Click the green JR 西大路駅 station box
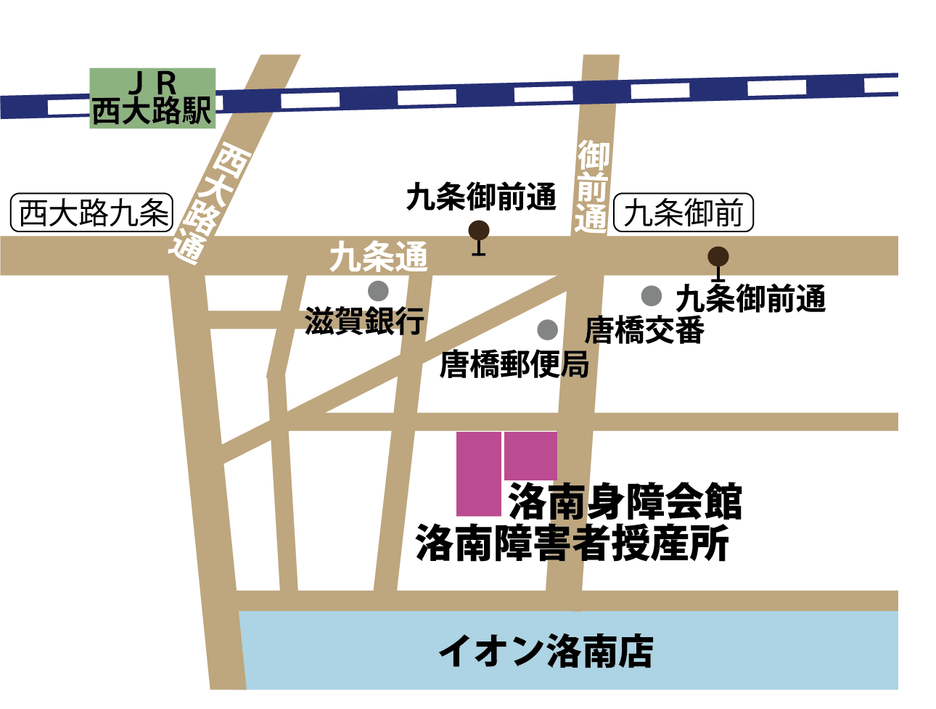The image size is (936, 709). (x=152, y=98)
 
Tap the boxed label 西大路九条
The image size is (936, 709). (x=92, y=213)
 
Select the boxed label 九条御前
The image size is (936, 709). (x=683, y=213)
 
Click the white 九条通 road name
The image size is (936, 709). (x=378, y=257)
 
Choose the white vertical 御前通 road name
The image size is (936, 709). (x=592, y=187)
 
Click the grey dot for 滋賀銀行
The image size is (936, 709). (x=378, y=291)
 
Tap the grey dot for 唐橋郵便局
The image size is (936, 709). (x=547, y=329)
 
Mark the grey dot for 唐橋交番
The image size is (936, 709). (x=651, y=295)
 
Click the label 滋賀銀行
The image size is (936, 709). (x=364, y=321)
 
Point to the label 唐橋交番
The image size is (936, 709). (x=644, y=330)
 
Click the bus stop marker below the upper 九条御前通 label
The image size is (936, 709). (x=478, y=232)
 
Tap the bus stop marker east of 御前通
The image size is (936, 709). (x=718, y=258)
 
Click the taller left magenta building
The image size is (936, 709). (x=478, y=474)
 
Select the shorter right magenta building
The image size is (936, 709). (x=530, y=456)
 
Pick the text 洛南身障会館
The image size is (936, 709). (x=625, y=501)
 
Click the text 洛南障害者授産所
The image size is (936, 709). (x=572, y=544)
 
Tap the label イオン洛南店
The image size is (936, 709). (x=546, y=651)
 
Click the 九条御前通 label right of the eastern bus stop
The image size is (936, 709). (x=751, y=298)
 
